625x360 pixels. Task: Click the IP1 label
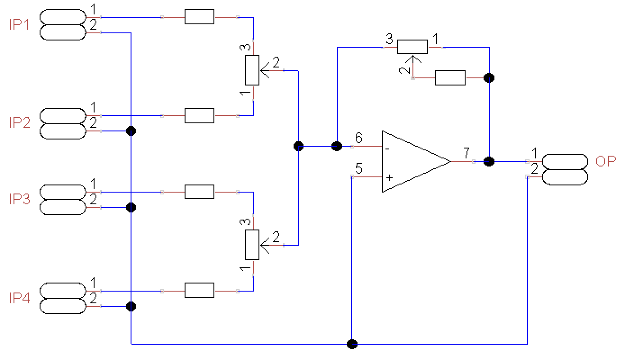(19, 25)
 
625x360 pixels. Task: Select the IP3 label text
(19, 199)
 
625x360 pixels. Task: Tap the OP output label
(605, 162)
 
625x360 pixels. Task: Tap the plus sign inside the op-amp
(389, 178)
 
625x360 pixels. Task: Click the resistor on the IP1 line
(199, 17)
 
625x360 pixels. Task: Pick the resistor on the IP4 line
(199, 291)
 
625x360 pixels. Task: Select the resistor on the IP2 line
(199, 116)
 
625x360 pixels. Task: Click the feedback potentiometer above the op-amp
(412, 47)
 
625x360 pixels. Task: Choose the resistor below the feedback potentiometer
(450, 78)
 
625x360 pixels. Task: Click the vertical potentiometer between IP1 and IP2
(252, 70)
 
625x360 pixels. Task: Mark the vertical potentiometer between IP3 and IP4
(252, 245)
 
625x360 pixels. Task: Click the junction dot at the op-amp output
(489, 161)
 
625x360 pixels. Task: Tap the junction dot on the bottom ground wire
(352, 344)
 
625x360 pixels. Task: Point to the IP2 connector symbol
(63, 123)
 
